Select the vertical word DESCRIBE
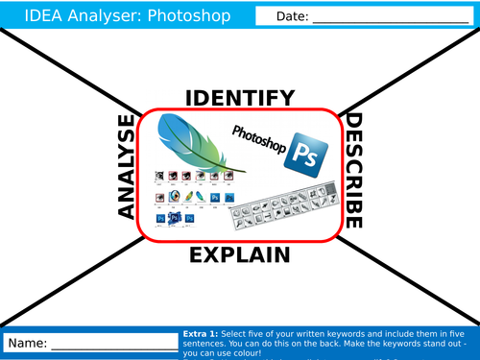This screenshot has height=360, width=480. coord(352,172)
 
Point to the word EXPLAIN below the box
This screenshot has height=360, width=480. coord(239,254)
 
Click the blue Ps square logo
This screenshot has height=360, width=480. coord(308,153)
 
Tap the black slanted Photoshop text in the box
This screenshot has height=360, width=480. coord(259,137)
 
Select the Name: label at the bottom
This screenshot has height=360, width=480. coord(27,343)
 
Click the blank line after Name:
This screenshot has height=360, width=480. coord(110,345)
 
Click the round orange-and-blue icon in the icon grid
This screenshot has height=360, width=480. coord(174,196)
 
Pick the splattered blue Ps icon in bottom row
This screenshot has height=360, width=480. coord(176,219)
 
